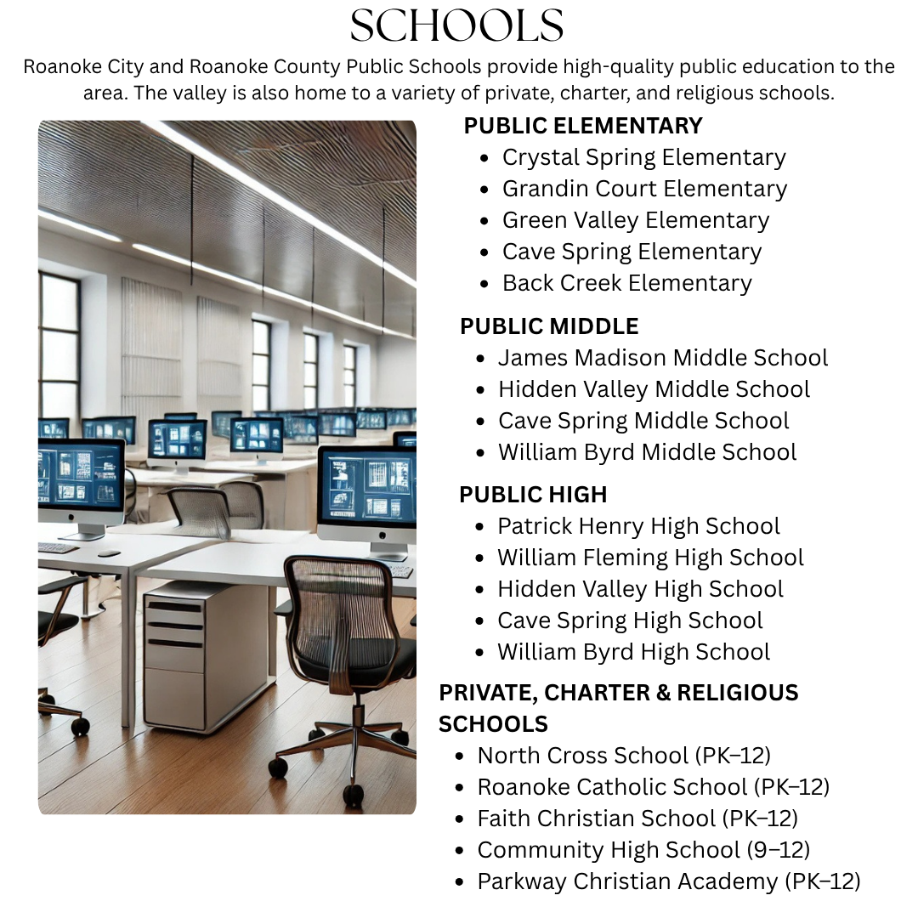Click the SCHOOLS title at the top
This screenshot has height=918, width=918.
pos(457,26)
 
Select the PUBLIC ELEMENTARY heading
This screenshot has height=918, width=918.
pos(583,126)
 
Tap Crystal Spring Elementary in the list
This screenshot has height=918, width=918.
pos(643,157)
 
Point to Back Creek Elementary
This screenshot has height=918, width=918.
pos(626,283)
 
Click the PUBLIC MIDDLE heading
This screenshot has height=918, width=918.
pos(549,326)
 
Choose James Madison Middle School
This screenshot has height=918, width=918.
pos(662,358)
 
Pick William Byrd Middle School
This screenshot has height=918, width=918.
pos(647,452)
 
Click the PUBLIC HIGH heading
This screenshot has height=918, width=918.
pos(533,495)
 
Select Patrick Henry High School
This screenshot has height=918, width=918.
pos(638,526)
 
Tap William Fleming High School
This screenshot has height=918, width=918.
pos(650,558)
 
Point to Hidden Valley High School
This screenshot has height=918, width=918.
pos(640,589)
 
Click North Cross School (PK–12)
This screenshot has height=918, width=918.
pos(624,756)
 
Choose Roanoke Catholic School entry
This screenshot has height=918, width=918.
pos(653,787)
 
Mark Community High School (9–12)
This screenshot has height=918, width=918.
pos(643,850)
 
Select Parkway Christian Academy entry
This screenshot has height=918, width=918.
pos(669,881)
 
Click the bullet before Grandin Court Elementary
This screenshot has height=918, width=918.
pos(484,190)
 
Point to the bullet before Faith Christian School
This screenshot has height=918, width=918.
pos(460,819)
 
